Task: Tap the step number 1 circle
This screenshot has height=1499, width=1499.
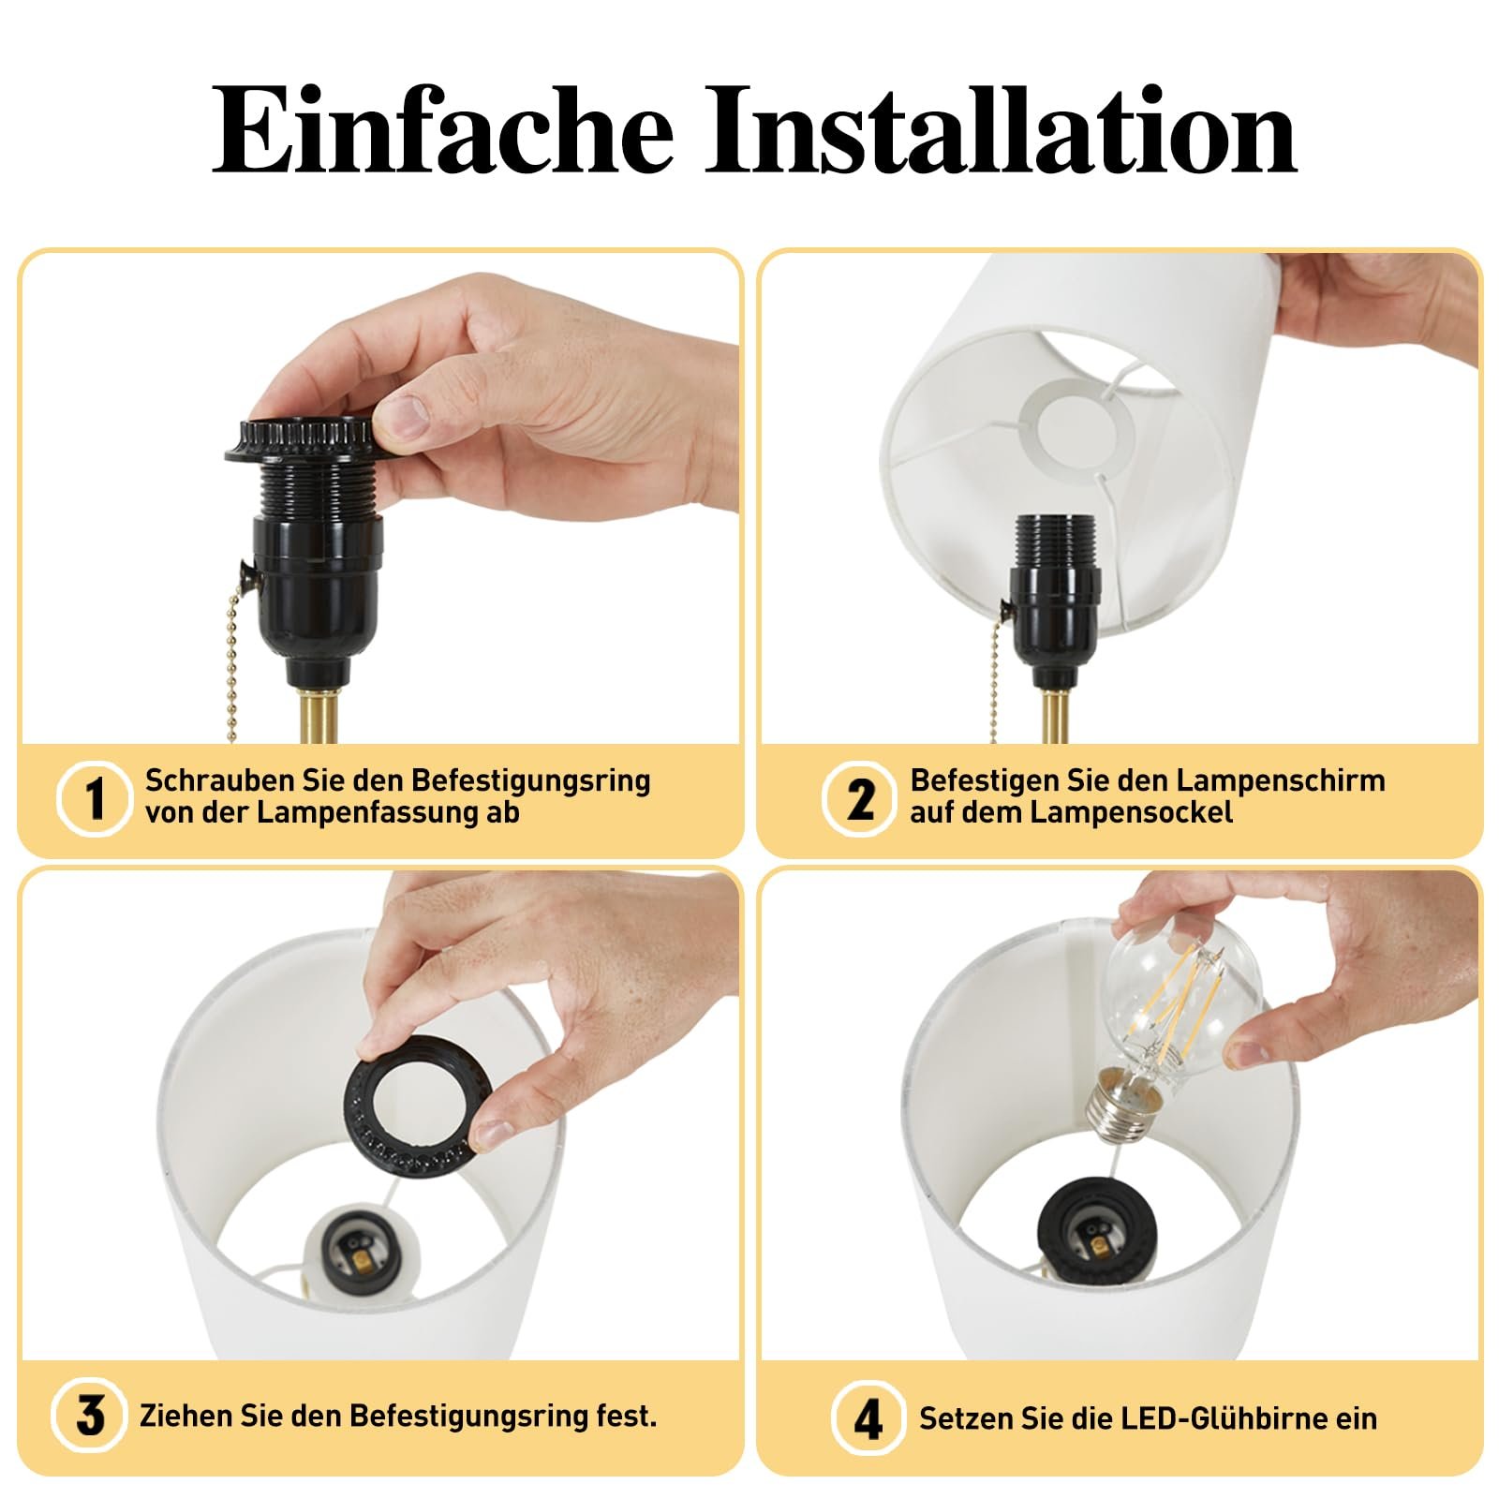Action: [94, 798]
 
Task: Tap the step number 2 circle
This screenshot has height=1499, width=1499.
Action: [859, 798]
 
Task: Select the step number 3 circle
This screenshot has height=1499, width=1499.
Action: [89, 1415]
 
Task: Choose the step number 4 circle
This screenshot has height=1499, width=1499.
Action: [868, 1417]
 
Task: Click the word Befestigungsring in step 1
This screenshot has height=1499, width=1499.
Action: [530, 780]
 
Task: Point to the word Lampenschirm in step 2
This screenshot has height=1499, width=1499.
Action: [1280, 780]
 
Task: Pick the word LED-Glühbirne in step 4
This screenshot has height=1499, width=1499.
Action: [1212, 1417]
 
